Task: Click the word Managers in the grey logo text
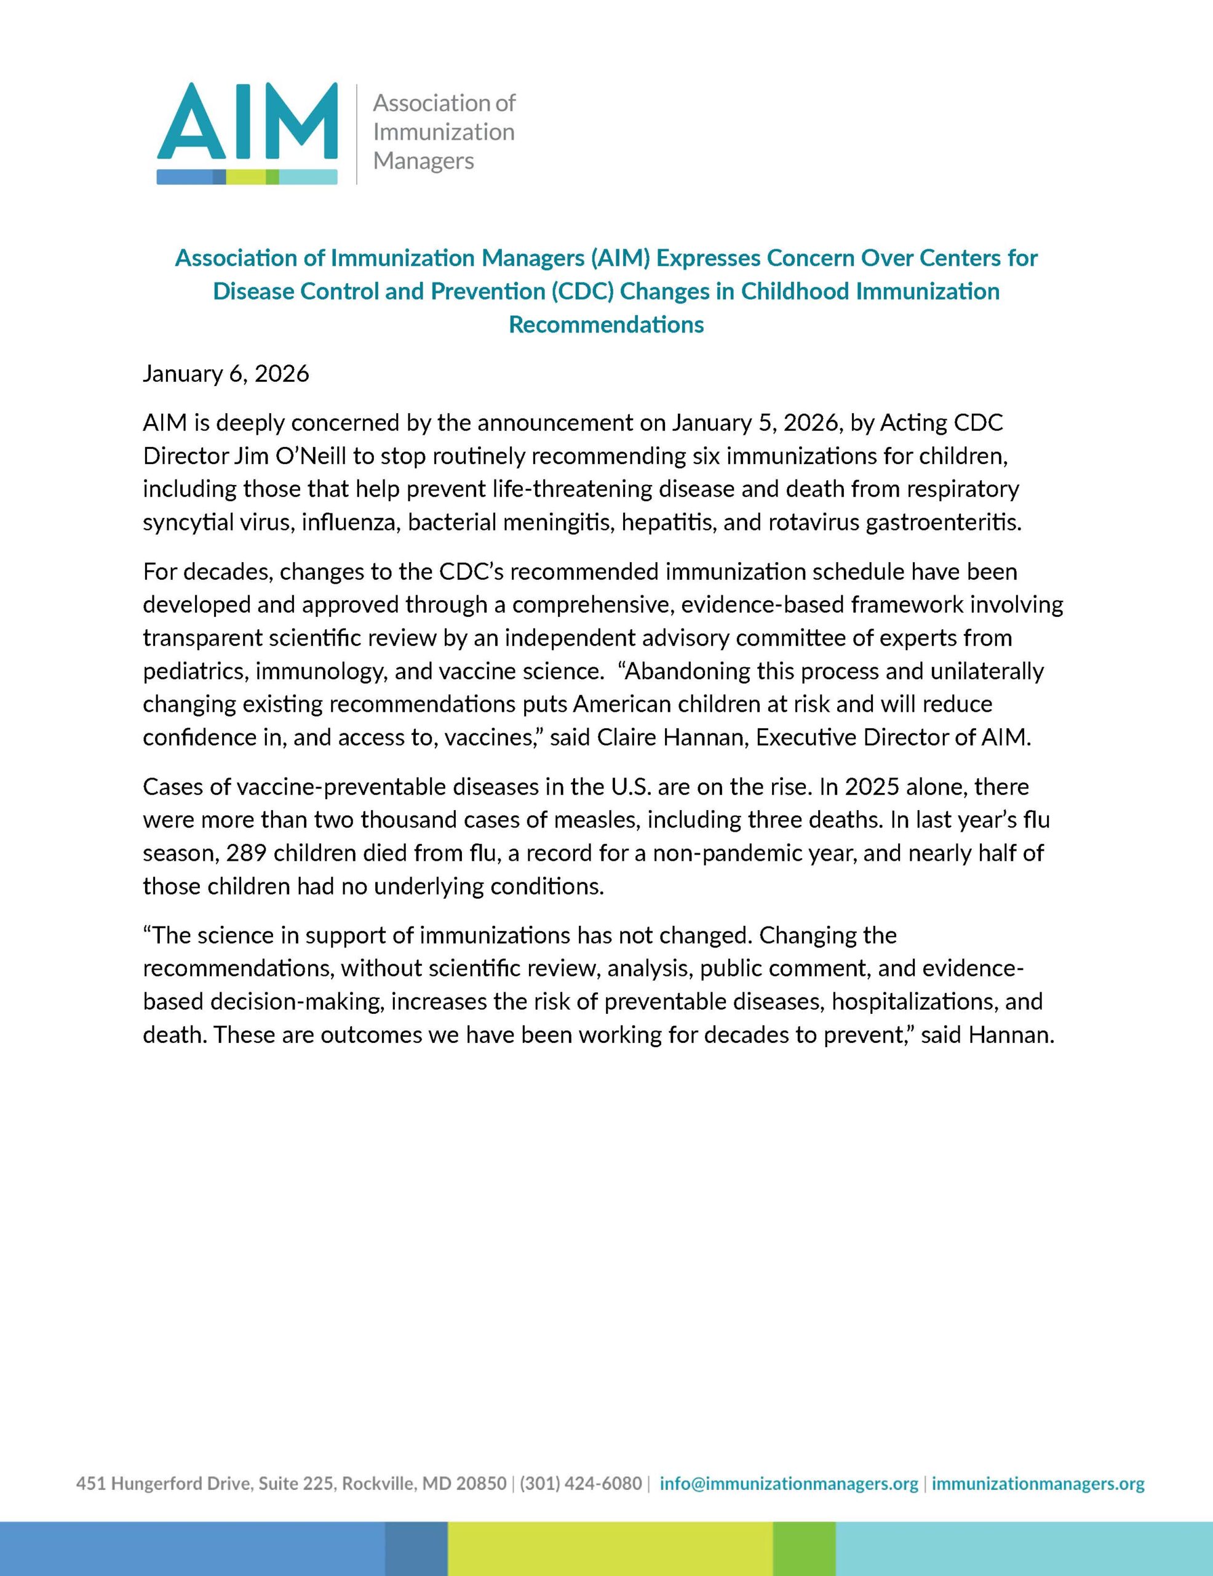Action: (423, 160)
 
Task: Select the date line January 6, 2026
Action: (226, 374)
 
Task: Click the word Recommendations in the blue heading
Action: (606, 324)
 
